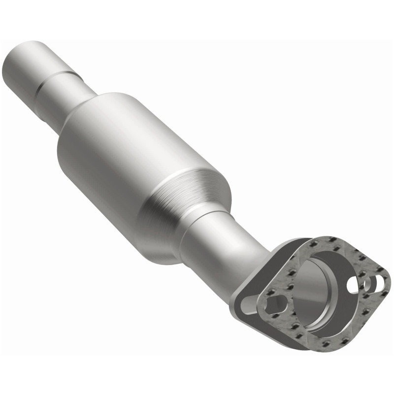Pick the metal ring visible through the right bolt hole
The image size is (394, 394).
click(x=377, y=283)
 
